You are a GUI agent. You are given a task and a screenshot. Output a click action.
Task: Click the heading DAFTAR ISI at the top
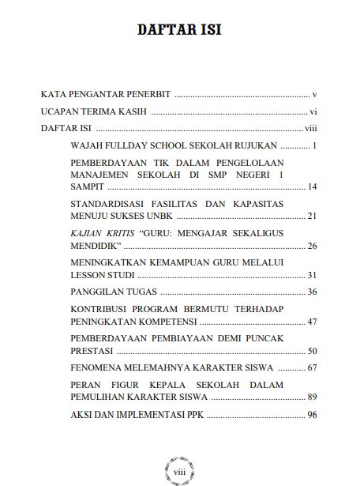click(x=179, y=31)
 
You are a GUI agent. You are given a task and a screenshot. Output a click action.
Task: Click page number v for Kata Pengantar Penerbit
click(x=314, y=93)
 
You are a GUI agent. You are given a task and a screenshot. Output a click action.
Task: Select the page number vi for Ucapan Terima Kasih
click(x=313, y=111)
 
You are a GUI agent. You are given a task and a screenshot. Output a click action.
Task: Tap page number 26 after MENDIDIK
click(x=312, y=246)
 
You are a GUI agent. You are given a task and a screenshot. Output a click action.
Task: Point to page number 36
click(x=312, y=292)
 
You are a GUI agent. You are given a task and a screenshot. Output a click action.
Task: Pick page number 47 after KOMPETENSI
click(x=312, y=322)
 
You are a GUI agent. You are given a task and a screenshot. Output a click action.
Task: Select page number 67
click(x=312, y=368)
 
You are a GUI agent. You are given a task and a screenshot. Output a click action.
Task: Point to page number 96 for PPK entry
click(x=312, y=415)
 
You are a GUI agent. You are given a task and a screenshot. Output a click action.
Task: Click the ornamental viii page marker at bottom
click(x=178, y=468)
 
